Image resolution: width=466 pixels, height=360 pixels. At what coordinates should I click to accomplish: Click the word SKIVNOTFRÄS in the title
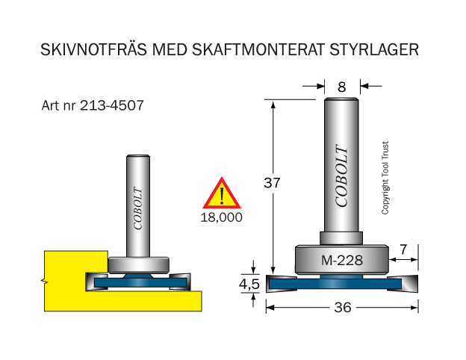click(x=93, y=49)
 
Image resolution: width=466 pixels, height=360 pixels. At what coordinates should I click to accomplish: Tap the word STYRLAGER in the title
click(x=374, y=50)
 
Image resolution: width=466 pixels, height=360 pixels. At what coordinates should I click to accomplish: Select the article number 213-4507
click(x=112, y=105)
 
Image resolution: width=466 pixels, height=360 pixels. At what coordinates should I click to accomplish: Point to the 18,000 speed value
click(x=221, y=217)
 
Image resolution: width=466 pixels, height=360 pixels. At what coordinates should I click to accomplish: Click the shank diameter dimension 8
click(x=342, y=87)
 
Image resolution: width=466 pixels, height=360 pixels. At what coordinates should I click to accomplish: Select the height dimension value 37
click(x=272, y=183)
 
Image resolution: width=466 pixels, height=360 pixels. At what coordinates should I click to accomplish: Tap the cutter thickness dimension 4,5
click(x=249, y=285)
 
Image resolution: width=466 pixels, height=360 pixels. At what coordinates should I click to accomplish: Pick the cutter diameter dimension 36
click(x=343, y=308)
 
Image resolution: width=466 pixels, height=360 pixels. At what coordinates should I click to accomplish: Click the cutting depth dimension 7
click(x=403, y=249)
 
